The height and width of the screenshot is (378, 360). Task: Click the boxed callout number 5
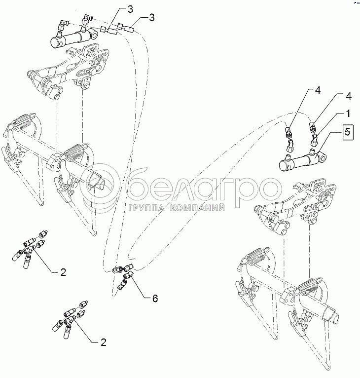[x=347, y=132]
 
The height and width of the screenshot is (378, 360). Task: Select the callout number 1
[x=348, y=113]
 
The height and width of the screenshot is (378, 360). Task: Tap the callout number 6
[x=155, y=299]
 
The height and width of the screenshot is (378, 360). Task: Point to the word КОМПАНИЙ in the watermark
[x=197, y=208]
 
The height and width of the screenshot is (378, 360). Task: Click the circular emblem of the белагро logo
[x=100, y=185]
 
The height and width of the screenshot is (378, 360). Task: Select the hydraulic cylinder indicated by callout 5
[x=303, y=161]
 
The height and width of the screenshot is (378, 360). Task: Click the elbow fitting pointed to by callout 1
[x=314, y=140]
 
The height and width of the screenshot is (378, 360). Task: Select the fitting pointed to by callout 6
[x=128, y=274]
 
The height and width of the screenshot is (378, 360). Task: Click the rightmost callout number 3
[x=151, y=18]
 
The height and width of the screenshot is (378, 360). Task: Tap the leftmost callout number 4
[x=318, y=91]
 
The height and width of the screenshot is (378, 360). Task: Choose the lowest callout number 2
[x=104, y=342]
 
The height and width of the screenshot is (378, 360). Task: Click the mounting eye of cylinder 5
[x=323, y=157]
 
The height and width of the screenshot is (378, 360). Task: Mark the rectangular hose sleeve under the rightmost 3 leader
[x=129, y=31]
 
